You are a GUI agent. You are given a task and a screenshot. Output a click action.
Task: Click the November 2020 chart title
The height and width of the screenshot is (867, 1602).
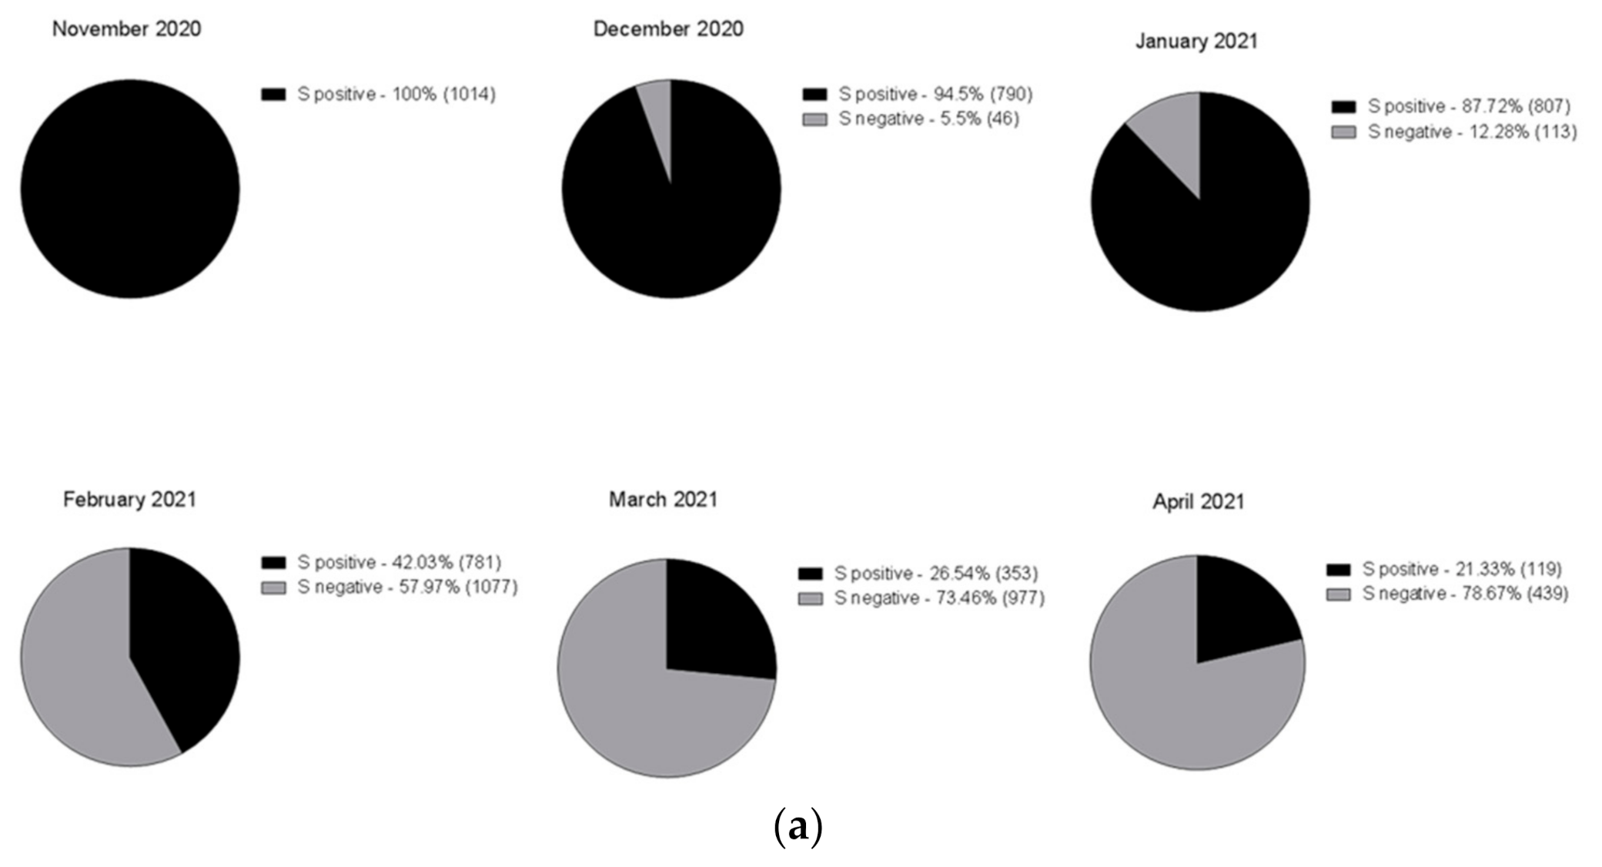126,29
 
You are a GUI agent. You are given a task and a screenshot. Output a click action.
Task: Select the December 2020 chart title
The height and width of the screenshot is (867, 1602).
667,29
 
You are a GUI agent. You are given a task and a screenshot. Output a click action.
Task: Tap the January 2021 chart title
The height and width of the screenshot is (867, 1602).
1196,41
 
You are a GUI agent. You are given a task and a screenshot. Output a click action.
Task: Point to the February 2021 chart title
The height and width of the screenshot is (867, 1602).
129,500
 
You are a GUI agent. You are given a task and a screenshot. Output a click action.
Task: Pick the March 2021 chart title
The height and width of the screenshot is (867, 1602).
663,500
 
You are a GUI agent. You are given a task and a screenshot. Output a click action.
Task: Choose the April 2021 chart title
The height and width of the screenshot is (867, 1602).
1198,502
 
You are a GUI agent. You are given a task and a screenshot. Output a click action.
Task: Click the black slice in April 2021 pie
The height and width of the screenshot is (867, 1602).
1239,608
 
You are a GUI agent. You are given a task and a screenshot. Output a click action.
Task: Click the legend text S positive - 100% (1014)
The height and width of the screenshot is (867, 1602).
396,94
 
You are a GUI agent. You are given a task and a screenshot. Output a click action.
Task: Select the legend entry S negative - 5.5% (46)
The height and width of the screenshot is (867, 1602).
928,119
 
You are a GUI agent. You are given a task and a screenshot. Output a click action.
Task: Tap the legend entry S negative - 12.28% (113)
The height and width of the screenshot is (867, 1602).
1471,132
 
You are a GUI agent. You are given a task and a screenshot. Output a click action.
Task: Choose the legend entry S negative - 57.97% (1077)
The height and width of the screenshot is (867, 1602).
407,587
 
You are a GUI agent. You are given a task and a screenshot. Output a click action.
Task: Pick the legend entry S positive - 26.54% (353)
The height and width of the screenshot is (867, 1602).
935,574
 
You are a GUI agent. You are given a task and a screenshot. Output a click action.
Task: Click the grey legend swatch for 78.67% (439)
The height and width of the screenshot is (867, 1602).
1339,594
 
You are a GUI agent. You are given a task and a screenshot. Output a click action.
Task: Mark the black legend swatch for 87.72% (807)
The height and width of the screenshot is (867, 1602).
1343,106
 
